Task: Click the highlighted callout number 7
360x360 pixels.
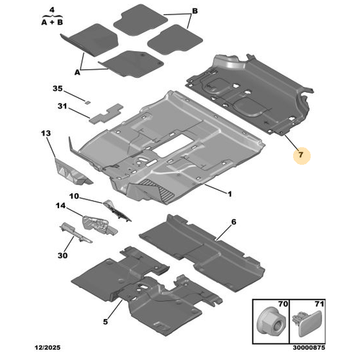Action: point(301,155)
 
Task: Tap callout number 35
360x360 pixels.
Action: point(58,89)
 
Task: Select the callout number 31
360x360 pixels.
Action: point(62,106)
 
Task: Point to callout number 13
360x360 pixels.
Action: point(46,133)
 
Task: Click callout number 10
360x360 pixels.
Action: point(74,196)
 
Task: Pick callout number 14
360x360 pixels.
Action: point(60,206)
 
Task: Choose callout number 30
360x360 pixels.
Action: point(63,256)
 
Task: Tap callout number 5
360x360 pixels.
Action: point(105,322)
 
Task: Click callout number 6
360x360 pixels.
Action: point(234,222)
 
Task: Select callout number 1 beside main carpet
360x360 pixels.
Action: point(230,194)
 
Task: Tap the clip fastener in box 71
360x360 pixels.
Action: point(307,323)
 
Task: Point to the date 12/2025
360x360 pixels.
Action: point(48,347)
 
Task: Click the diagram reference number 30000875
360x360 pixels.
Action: point(309,347)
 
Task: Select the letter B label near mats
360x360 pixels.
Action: point(195,11)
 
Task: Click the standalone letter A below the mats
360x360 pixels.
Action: point(77,72)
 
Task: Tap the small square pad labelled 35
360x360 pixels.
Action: point(87,102)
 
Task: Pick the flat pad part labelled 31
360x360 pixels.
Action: point(106,113)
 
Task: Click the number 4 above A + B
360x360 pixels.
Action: point(52,10)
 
